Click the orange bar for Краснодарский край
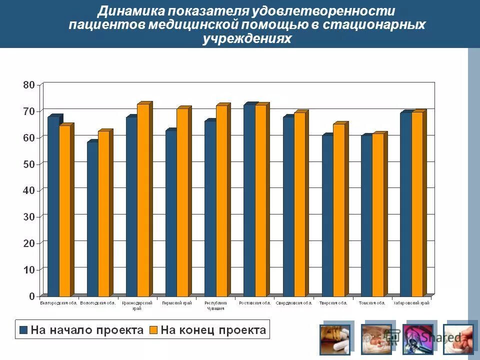pyautogui.click(x=143, y=200)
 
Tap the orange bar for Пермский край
pyautogui.click(x=182, y=202)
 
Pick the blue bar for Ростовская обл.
pyautogui.click(x=249, y=200)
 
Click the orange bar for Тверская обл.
pyautogui.click(x=338, y=210)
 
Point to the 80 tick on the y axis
pyautogui.click(x=29, y=85)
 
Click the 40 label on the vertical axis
pyautogui.click(x=29, y=190)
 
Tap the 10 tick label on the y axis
pyautogui.click(x=29, y=270)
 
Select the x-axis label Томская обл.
pyautogui.click(x=372, y=303)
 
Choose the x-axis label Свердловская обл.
pyautogui.click(x=294, y=303)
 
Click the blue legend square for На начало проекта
pyautogui.click(x=23, y=330)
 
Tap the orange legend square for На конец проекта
pyautogui.click(x=153, y=330)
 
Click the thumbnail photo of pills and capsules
pyautogui.click(x=335, y=339)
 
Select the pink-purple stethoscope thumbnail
pyautogui.click(x=417, y=339)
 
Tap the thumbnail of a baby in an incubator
pyautogui.click(x=376, y=339)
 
